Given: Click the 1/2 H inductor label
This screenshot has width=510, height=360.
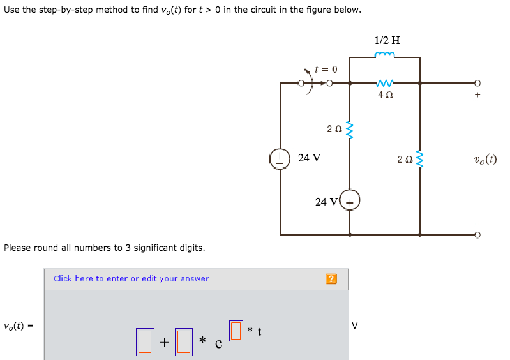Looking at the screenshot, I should (387, 40).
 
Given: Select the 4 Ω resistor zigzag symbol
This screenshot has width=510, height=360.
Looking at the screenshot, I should (385, 83).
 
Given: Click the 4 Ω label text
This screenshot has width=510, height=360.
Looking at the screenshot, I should (385, 95).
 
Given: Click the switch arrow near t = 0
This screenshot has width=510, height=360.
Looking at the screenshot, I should (313, 80).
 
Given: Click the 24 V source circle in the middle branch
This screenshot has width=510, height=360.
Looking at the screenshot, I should (350, 200).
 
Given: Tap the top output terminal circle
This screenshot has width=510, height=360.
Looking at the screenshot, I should (477, 83).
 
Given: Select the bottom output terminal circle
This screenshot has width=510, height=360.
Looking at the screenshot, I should (477, 235).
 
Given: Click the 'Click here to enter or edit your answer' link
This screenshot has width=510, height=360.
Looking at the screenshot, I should (131, 278).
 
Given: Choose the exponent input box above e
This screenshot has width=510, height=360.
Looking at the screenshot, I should (236, 330).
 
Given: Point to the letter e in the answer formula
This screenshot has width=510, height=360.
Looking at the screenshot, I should (218, 344).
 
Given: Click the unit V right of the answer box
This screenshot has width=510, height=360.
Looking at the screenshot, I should (355, 326).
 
